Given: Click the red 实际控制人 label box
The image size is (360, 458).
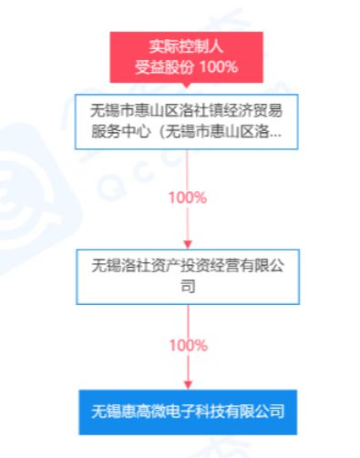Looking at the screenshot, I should [x=186, y=56].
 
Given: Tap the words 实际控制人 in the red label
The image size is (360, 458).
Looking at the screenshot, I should [x=186, y=46].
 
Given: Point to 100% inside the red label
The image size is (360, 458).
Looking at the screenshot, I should [x=219, y=66].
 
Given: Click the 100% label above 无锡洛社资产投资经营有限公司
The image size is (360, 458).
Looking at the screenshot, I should [x=187, y=198].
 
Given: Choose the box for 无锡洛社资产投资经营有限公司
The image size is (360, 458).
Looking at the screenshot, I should [x=187, y=274].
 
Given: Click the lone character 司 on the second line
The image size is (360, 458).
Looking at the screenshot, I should [x=187, y=285].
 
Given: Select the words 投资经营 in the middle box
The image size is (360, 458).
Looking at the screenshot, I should [x=202, y=266].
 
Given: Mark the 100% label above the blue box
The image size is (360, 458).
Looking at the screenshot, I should [x=187, y=346].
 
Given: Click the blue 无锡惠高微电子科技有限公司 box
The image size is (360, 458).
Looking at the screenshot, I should [x=187, y=412].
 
